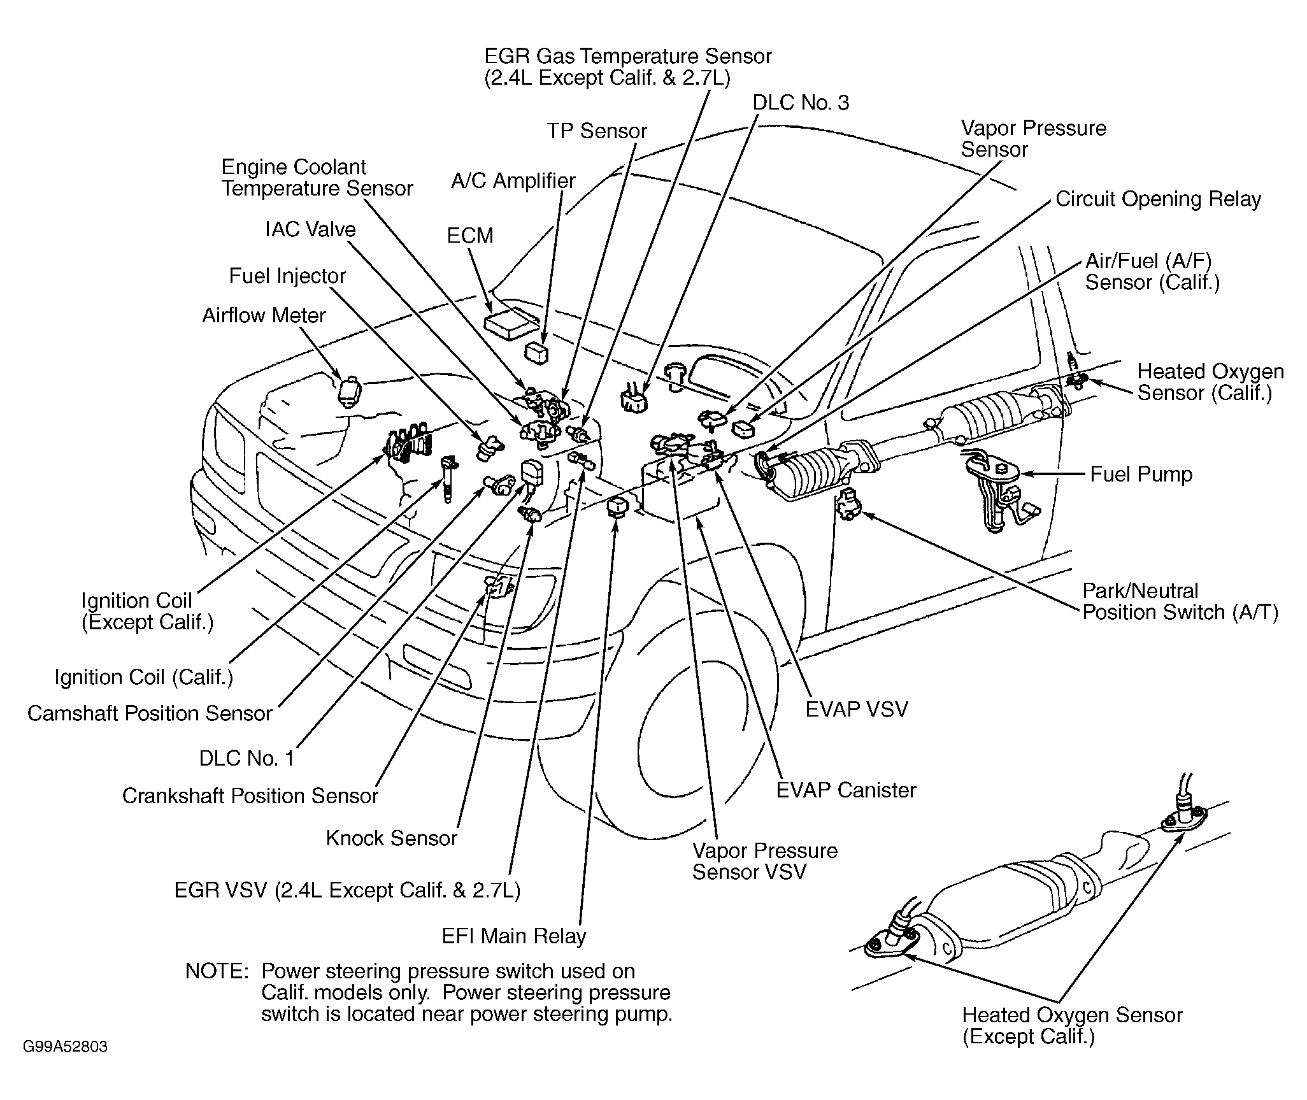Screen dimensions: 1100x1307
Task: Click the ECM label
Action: click(x=470, y=236)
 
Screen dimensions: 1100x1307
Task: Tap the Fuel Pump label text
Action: click(x=1141, y=475)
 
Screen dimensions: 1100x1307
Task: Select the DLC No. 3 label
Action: click(x=801, y=103)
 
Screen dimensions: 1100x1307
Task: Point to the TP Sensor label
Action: click(x=597, y=131)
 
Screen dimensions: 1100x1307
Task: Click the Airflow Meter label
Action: click(x=264, y=315)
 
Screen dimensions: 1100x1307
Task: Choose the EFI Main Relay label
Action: click(x=513, y=936)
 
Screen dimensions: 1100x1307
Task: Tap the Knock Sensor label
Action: click(x=391, y=838)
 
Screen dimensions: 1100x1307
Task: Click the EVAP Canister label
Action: click(x=846, y=790)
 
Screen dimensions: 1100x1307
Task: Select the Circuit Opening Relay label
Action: click(x=1158, y=199)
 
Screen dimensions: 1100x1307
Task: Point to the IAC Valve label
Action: click(x=310, y=229)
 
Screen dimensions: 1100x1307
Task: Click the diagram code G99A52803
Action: click(x=65, y=1047)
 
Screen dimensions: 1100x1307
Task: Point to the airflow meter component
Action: click(x=349, y=391)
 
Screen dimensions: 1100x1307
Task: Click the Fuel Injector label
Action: click(x=287, y=276)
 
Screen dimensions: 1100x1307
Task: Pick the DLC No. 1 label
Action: click(x=246, y=758)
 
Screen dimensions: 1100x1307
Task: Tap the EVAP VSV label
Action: click(x=856, y=710)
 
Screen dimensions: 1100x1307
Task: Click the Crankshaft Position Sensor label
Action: click(x=250, y=796)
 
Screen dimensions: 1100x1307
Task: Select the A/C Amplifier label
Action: click(x=513, y=181)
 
